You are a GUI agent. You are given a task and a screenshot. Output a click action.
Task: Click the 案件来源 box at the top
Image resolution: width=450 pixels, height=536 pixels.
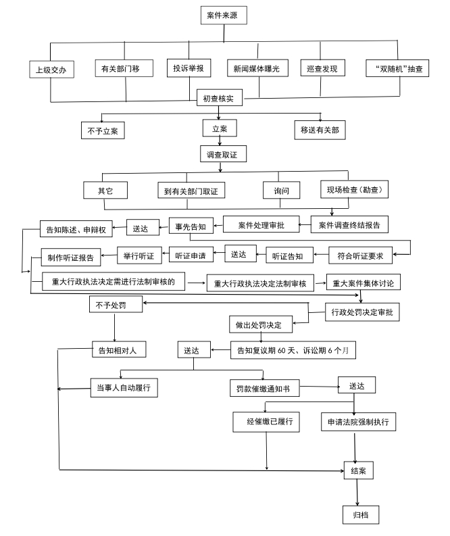(x=224, y=16)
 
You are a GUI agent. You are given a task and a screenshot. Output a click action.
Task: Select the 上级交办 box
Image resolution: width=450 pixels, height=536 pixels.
(x=51, y=70)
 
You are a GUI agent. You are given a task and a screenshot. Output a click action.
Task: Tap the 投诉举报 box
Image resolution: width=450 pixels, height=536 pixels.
(x=189, y=68)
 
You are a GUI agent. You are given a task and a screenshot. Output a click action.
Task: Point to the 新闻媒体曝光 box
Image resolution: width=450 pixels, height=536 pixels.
(x=257, y=68)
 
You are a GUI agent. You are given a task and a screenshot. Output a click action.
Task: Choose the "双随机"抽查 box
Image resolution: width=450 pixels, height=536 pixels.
(x=397, y=68)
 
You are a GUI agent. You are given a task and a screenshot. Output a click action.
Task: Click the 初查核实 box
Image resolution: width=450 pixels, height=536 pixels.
(x=220, y=98)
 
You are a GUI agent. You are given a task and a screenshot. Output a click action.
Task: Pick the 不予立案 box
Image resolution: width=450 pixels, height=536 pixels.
(x=103, y=130)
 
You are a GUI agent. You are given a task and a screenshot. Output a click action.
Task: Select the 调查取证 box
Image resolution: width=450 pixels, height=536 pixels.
(x=223, y=154)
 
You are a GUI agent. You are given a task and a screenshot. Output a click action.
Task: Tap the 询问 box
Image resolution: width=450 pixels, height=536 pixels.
(x=282, y=190)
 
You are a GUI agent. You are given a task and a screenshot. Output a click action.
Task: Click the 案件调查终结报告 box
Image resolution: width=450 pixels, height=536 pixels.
(x=349, y=224)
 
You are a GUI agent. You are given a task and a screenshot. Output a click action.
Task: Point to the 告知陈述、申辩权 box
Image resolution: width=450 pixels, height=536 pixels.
(x=76, y=229)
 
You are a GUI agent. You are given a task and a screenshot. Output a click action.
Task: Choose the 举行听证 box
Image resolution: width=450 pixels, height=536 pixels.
(x=139, y=255)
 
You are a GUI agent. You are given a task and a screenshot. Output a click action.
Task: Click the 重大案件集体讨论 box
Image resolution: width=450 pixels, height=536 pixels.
(x=364, y=283)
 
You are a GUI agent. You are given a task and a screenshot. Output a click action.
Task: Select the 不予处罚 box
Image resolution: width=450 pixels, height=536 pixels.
(x=116, y=304)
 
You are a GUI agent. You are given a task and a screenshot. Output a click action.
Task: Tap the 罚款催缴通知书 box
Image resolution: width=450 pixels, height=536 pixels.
(x=264, y=388)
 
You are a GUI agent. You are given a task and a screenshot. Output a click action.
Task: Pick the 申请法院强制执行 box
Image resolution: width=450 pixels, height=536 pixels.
(x=358, y=422)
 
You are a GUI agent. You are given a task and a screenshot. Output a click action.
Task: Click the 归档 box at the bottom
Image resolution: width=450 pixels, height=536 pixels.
(x=361, y=514)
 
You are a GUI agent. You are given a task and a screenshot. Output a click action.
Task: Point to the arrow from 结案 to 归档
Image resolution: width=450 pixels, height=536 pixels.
(x=357, y=492)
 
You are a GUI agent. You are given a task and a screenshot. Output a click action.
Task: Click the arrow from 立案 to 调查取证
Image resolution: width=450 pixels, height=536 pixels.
(x=220, y=141)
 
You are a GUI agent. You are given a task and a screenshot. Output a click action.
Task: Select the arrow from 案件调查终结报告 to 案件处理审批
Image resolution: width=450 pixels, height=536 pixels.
(x=305, y=225)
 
